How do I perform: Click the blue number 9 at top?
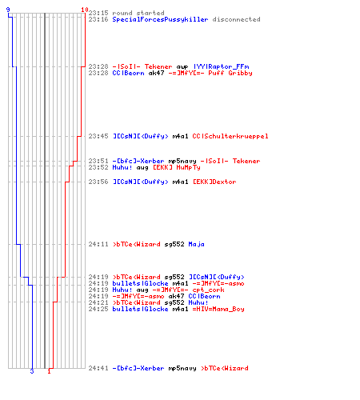(8, 10)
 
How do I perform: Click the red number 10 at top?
(85, 10)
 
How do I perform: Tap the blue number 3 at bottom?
(32, 371)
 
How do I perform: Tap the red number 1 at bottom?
(49, 371)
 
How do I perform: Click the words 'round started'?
(138, 13)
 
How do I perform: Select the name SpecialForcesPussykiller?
(160, 19)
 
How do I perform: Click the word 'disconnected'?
(236, 19)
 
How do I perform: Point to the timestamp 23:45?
(98, 136)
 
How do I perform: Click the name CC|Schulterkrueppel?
(230, 136)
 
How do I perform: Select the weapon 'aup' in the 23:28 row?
(182, 66)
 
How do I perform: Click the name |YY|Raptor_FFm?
(221, 66)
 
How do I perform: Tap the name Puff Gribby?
(230, 73)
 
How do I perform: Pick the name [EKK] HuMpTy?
(176, 167)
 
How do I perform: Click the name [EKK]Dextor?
(214, 182)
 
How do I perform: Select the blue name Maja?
(196, 244)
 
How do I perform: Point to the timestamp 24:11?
(98, 244)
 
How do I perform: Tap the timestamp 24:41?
(98, 368)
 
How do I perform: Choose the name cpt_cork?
(208, 290)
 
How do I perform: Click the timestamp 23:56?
(98, 182)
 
